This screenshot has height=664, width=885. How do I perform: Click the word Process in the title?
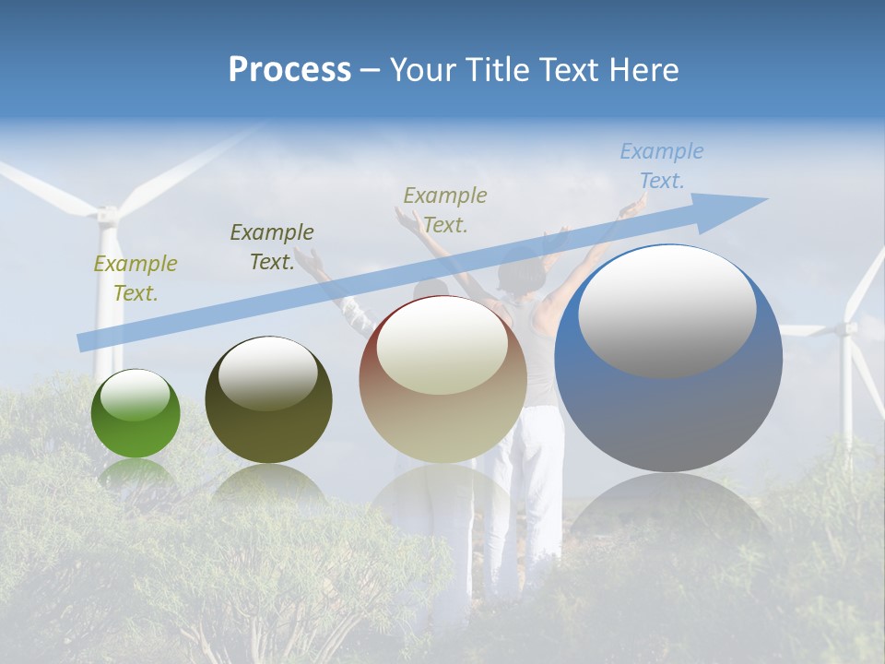tap(289, 70)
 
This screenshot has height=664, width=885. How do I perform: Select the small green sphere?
tap(136, 415)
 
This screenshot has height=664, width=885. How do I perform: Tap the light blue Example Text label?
tap(661, 166)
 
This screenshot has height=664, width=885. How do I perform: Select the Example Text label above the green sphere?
tap(136, 279)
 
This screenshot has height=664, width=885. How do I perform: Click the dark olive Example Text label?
tap(272, 247)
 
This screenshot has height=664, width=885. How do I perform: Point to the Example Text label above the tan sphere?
tap(445, 210)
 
